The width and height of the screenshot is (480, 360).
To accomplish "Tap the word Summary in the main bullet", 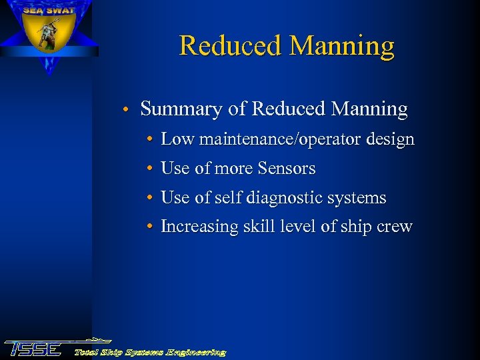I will [x=173, y=109].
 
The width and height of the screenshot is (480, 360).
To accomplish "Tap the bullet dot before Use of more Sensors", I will [x=151, y=169].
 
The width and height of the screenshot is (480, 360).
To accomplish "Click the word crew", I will [x=395, y=227].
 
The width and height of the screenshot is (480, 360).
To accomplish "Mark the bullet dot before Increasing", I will [x=151, y=227].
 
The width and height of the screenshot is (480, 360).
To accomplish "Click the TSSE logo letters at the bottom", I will [x=33, y=349].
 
